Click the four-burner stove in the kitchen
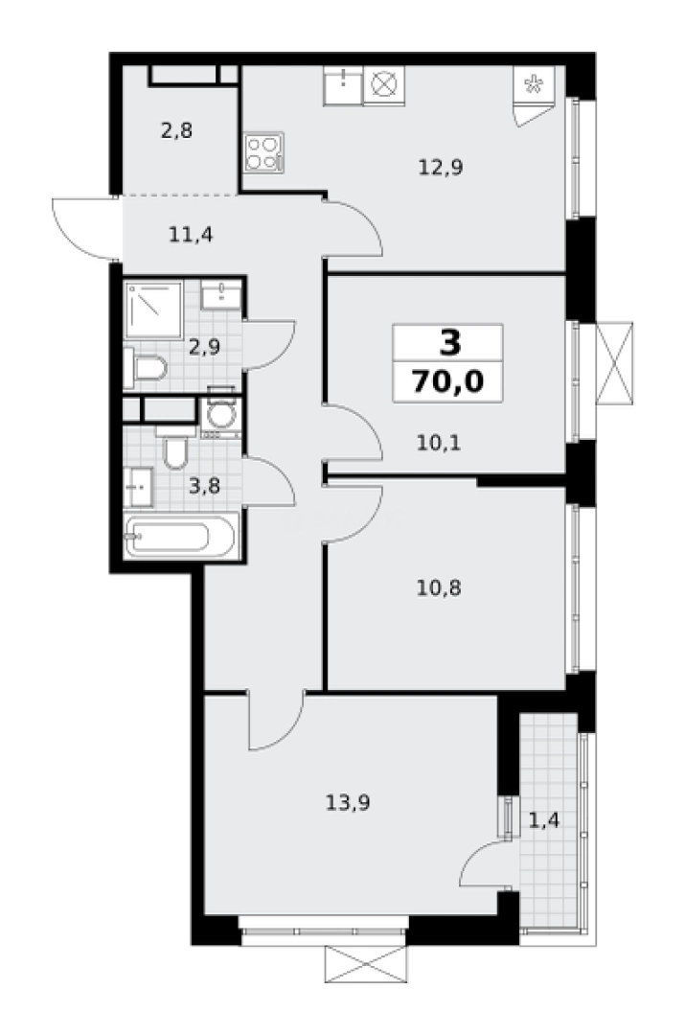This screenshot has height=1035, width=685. click(265, 151)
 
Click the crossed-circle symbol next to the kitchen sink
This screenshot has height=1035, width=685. click(383, 85)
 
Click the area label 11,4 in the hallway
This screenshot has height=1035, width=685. click(190, 233)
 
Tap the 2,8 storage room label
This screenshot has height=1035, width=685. click(176, 131)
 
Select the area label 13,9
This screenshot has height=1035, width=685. click(347, 803)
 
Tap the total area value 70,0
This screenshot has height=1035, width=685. click(447, 380)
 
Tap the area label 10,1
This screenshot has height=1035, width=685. click(441, 443)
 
